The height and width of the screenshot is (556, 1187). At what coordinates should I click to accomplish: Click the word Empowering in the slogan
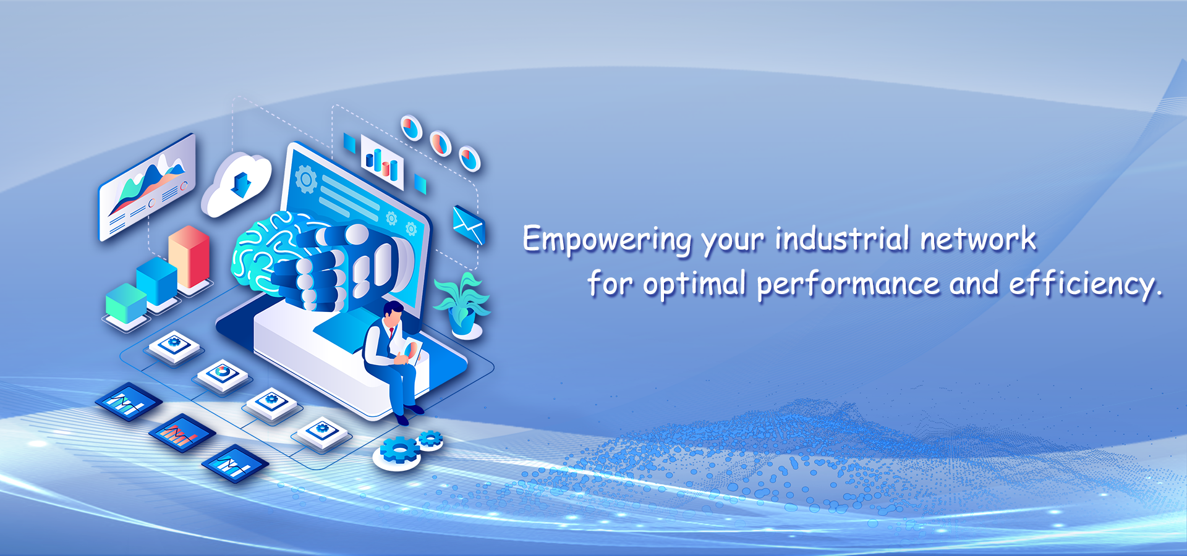(607, 240)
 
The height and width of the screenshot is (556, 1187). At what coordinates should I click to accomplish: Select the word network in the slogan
(978, 238)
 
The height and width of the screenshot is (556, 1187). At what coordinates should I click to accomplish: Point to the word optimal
(694, 285)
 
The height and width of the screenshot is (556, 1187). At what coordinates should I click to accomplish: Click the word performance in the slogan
(848, 285)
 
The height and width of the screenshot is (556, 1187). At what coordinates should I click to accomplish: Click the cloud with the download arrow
(237, 183)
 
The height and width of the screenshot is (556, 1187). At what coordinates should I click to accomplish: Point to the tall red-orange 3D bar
(189, 257)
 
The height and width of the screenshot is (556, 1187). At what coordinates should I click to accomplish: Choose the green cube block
(126, 304)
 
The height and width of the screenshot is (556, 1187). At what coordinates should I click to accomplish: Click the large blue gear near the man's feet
(399, 450)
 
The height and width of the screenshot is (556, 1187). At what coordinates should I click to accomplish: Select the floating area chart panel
(147, 187)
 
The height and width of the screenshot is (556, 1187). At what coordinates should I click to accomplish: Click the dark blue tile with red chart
(182, 433)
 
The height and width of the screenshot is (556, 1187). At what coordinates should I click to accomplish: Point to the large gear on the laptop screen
(305, 179)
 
